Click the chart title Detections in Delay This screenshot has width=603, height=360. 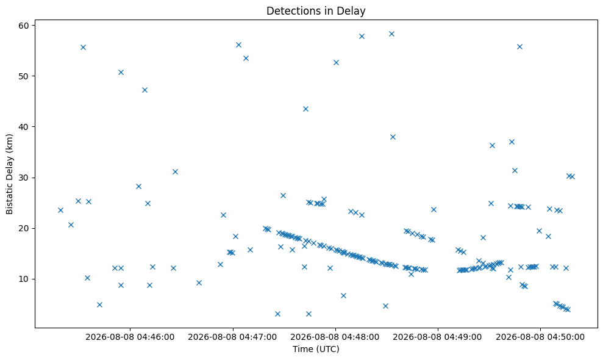pos(316,11)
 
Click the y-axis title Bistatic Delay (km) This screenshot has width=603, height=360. pos(9,174)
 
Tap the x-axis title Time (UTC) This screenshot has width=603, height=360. pos(316,349)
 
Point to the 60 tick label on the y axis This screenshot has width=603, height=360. pos(24,26)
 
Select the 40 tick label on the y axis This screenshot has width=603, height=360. pos(24,127)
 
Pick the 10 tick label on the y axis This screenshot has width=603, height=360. pos(24,279)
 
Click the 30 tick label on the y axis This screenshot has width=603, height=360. pos(24,178)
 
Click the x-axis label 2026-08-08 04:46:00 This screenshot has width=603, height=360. pos(130,337)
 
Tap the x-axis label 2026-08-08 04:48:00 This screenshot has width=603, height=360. pos(335,337)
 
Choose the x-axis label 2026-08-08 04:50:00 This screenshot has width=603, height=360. pos(540,337)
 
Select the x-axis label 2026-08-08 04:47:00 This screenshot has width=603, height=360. pos(233,337)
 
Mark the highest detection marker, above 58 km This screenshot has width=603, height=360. pos(391,34)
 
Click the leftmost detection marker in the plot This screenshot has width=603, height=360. pos(60,211)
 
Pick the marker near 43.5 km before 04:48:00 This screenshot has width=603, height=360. pos(305,109)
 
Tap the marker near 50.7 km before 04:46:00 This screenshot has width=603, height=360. pos(121,73)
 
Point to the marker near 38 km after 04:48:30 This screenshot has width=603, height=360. pos(393,137)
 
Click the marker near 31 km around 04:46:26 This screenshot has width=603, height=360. pos(175,171)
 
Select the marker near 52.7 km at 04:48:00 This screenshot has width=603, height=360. pos(336,62)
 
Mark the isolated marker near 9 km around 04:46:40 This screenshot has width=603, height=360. pos(199,283)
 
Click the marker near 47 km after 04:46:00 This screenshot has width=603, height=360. pos(145,90)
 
